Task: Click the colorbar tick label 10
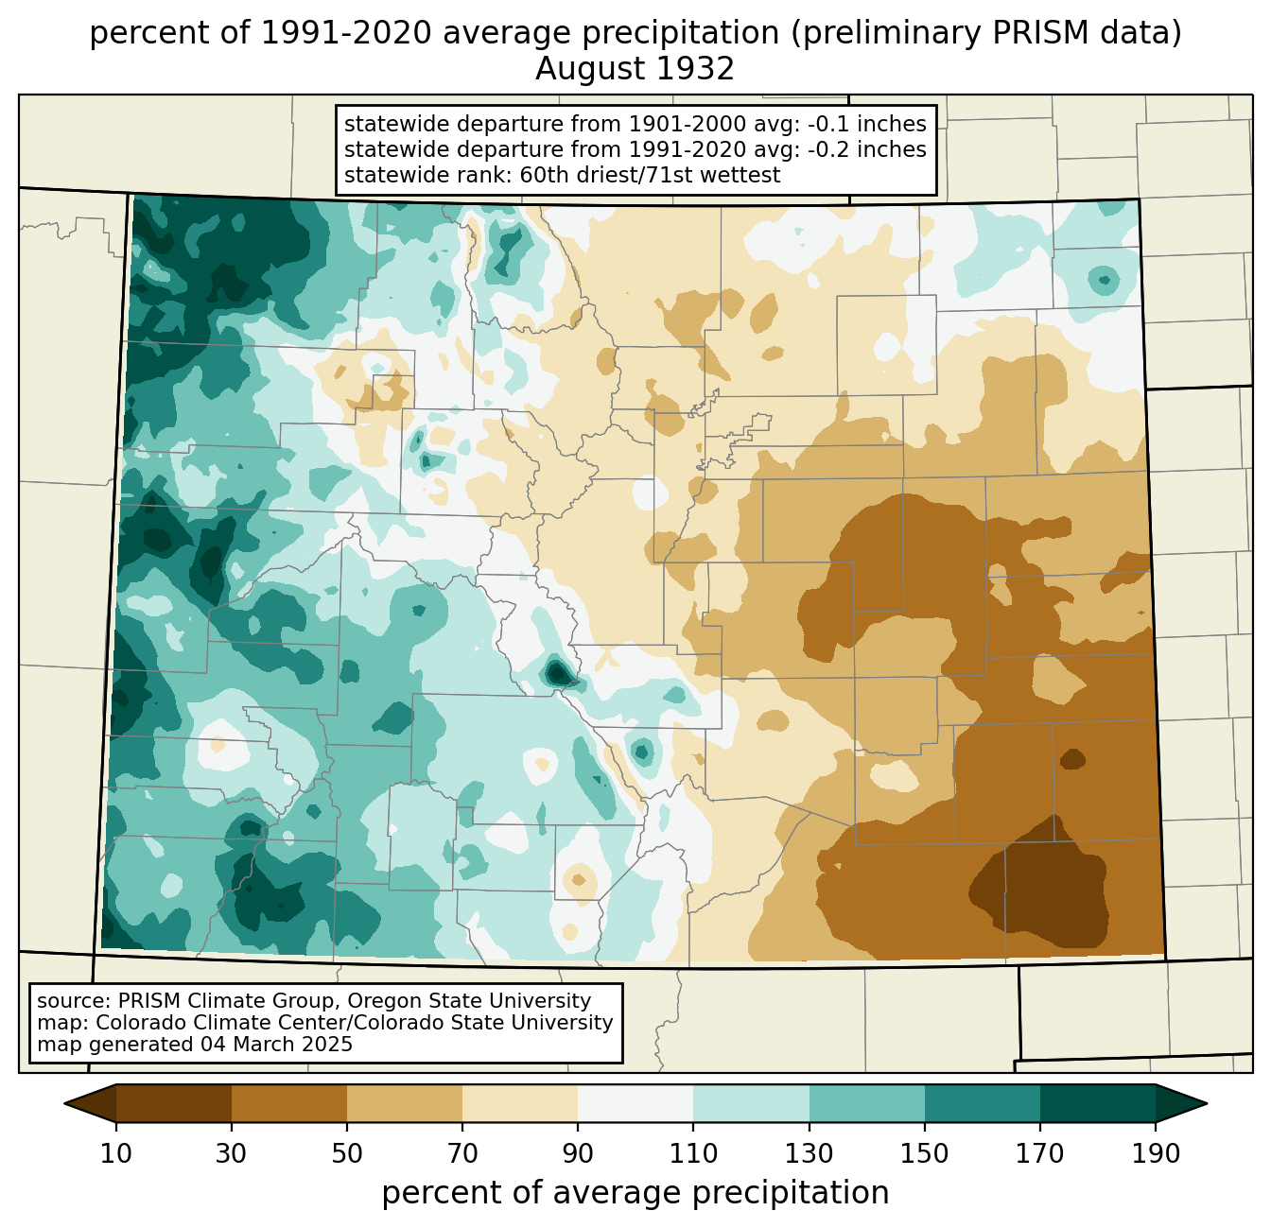click(x=115, y=1153)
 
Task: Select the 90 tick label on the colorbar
click(x=578, y=1153)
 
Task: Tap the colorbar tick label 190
click(x=1156, y=1153)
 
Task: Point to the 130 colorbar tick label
click(x=810, y=1153)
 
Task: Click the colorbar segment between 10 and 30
click(x=174, y=1103)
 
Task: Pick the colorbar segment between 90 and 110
click(x=635, y=1103)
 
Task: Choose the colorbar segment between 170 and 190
click(x=1098, y=1103)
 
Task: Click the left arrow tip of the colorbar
click(x=64, y=1104)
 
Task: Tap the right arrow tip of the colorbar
click(x=1208, y=1104)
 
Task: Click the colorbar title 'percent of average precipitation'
click(x=635, y=1193)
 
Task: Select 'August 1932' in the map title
click(x=635, y=69)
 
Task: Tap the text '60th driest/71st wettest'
click(x=650, y=175)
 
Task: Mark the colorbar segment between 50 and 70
click(x=405, y=1103)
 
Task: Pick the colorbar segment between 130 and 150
click(x=866, y=1103)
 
